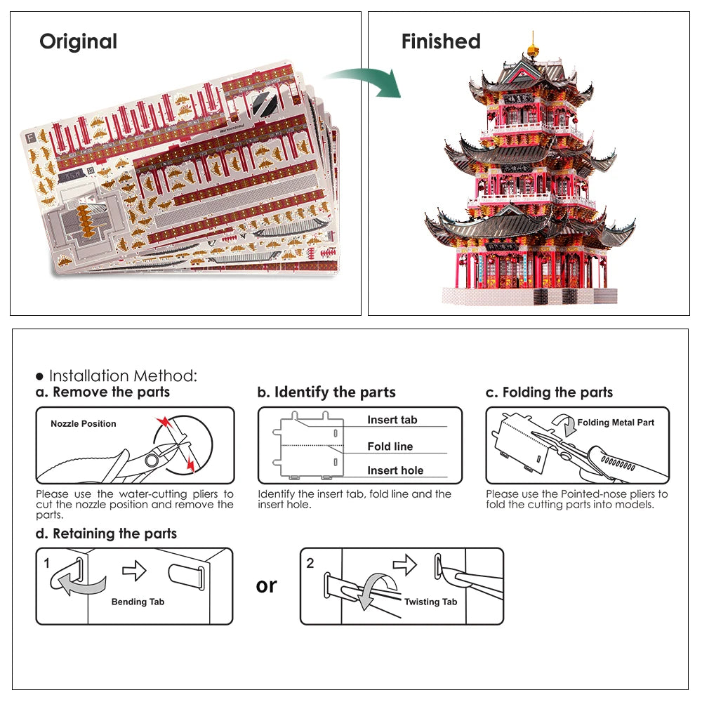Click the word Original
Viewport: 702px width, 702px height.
tap(78, 41)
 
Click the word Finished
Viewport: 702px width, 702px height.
tap(441, 41)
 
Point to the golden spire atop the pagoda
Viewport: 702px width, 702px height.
tap(533, 48)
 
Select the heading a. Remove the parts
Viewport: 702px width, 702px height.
tap(102, 392)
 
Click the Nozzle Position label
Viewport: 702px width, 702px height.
tap(83, 424)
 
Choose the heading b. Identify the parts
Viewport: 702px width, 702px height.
tap(326, 392)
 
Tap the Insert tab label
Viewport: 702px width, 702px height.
tap(392, 420)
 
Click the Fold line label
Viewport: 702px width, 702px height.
tap(390, 446)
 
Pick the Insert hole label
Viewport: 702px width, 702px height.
tap(395, 470)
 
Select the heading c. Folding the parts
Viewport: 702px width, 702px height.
tap(549, 392)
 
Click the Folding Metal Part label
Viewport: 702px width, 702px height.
tap(616, 423)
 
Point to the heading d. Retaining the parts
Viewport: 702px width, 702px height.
tap(106, 534)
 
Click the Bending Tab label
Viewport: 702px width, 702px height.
tap(138, 602)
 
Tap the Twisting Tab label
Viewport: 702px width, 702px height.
tap(430, 602)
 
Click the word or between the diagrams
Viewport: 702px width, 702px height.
tap(267, 585)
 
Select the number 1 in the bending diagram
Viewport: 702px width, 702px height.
tap(47, 563)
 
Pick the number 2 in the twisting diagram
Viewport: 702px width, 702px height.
tap(310, 563)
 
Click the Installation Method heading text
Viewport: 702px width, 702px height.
tap(123, 376)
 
